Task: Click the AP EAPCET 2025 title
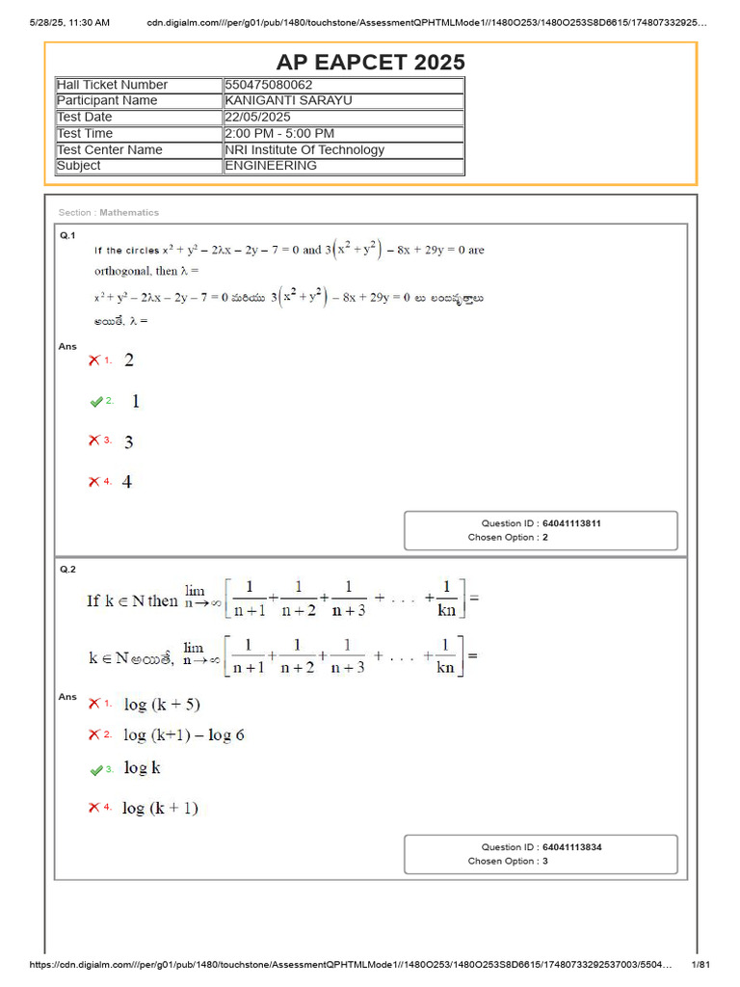coord(371,63)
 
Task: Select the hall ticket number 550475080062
coord(268,85)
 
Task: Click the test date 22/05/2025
coord(257,117)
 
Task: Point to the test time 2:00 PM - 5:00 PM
coord(279,133)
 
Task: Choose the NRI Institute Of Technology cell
coord(304,149)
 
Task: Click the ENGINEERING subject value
coord(271,165)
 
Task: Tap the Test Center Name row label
coord(110,149)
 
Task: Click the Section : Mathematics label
coord(109,212)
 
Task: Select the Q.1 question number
coord(67,235)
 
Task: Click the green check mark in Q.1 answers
coord(95,401)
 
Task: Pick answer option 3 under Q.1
coord(128,441)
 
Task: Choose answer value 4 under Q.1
coord(128,481)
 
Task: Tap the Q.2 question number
coord(67,570)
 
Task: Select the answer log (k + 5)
coord(162,705)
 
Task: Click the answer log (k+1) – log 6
coord(183,734)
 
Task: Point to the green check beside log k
coord(95,770)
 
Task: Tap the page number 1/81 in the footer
coord(700,965)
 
